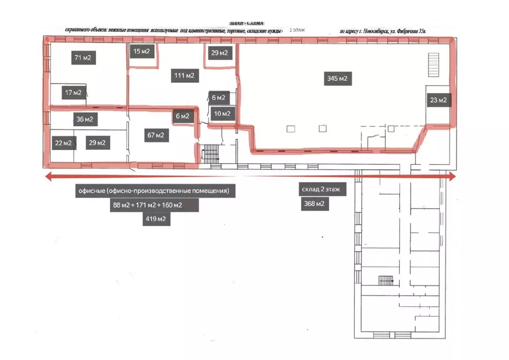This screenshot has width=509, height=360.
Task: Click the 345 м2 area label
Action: point(337,78)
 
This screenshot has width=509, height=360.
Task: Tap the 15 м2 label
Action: point(142,51)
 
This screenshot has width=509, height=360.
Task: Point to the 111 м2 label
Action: point(184,76)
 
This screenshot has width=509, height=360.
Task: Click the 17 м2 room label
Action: point(73,92)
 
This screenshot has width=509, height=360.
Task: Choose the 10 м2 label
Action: point(222,114)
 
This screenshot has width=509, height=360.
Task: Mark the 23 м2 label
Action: point(438,100)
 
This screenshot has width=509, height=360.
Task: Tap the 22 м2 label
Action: point(63,143)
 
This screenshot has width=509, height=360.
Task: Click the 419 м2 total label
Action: point(156,219)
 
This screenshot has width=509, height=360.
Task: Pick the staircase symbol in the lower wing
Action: point(386,280)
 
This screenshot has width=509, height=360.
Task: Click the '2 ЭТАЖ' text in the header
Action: point(297,30)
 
